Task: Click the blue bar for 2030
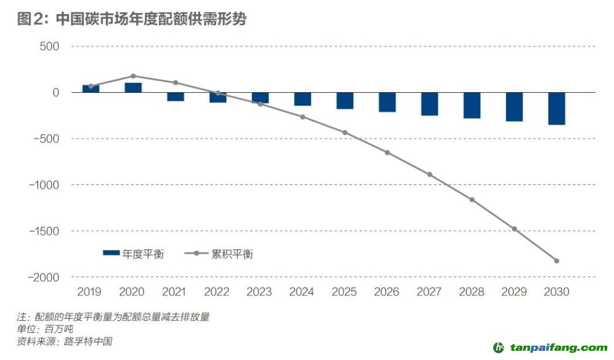coord(557,109)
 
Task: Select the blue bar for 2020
coord(133,87)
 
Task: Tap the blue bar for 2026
coord(387,102)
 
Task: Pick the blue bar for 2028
coord(472,105)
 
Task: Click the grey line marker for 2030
coord(557,261)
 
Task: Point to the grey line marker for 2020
coord(133,76)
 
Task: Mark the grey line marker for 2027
coord(430,174)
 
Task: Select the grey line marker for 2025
coord(345,133)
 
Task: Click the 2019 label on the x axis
coord(89,292)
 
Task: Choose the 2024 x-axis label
coord(301,292)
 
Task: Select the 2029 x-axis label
coord(513,292)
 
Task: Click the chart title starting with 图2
coord(131,19)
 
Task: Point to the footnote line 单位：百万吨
coord(45,329)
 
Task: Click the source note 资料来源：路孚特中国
coord(64,341)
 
